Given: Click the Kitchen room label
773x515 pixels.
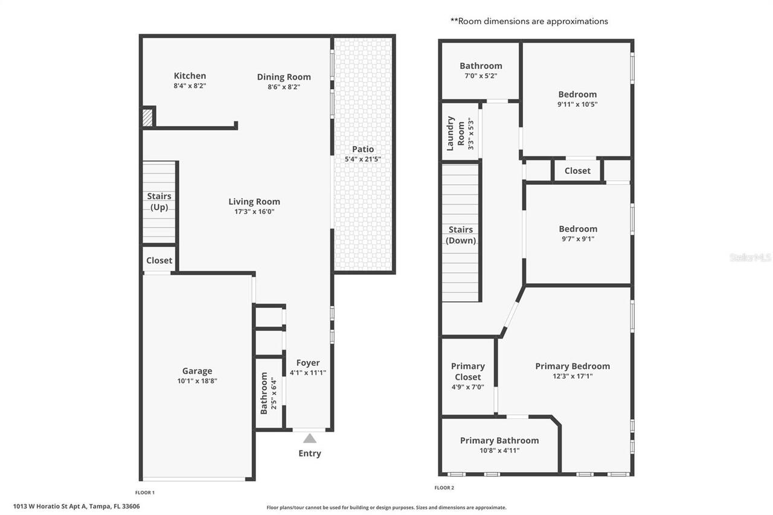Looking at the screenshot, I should [190, 75].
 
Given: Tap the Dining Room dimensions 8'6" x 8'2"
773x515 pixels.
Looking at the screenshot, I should [284, 87].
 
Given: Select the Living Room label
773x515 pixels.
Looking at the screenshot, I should [254, 202].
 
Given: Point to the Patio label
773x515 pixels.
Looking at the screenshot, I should [363, 149].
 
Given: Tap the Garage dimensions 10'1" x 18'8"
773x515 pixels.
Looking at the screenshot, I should [197, 382].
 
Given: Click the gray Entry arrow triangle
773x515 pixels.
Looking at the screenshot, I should [309, 438].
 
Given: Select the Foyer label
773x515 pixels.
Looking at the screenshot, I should [307, 363].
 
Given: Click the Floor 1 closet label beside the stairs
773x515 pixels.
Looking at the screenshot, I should [159, 261].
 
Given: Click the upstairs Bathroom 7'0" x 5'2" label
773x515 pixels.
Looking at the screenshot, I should [481, 66].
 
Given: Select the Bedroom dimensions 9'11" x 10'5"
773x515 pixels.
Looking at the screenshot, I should [577, 104].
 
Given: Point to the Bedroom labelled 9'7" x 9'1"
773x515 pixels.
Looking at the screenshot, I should [578, 229].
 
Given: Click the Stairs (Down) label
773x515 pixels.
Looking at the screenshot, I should [461, 235].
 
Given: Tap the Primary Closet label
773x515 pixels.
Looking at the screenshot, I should [467, 371].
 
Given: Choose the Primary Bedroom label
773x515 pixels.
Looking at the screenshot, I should [573, 366].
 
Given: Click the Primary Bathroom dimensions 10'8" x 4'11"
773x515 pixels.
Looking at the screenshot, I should [499, 450].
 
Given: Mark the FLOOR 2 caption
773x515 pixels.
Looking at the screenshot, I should [444, 488].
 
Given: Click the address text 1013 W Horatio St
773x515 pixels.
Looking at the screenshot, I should [52, 507].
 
